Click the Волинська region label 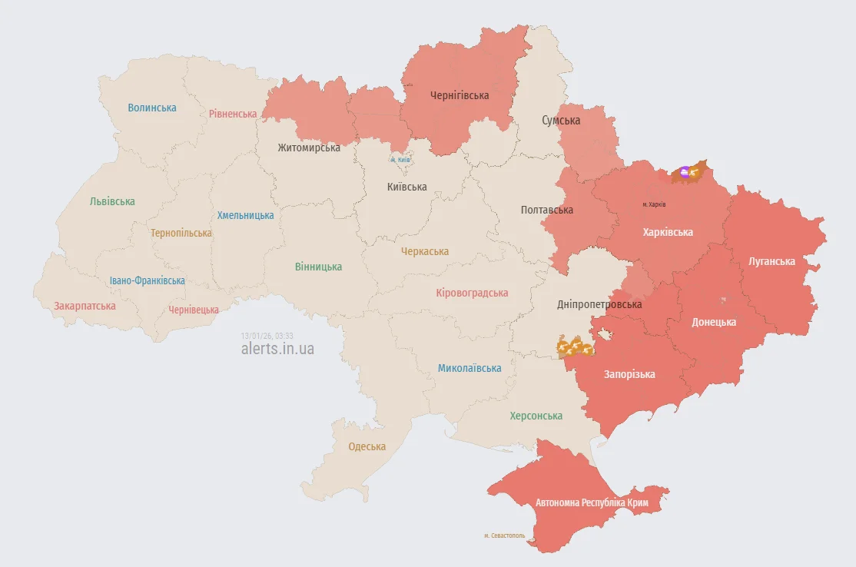tap(152, 108)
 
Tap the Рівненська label tap(233, 114)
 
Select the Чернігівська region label tap(460, 95)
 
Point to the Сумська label tap(561, 120)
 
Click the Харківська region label tap(668, 232)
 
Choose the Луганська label tap(771, 261)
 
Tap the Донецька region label tap(714, 322)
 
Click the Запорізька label tap(629, 374)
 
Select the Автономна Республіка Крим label tap(592, 502)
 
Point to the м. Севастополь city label tap(505, 535)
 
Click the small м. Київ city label tap(400, 160)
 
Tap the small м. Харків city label tap(654, 204)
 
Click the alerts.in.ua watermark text tap(277, 349)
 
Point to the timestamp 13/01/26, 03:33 tap(267, 336)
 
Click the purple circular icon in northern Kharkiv tap(685, 172)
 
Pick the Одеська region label tap(367, 446)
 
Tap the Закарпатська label tap(85, 306)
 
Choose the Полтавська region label tap(547, 210)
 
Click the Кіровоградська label tap(472, 293)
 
